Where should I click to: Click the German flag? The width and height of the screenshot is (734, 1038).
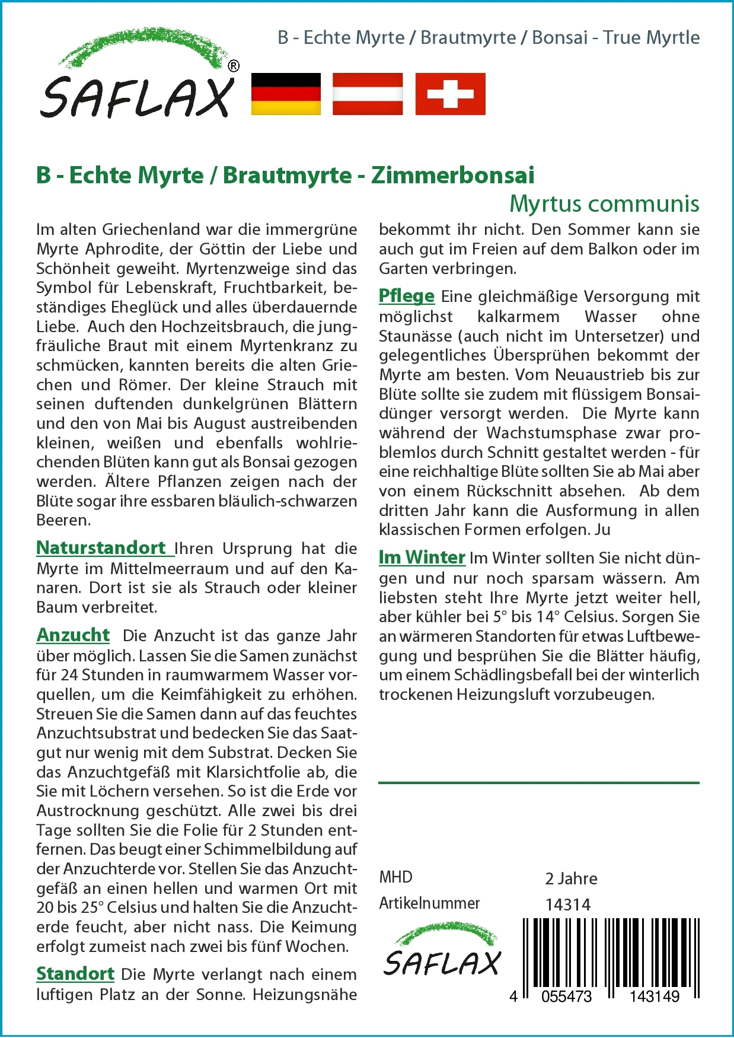[286, 94]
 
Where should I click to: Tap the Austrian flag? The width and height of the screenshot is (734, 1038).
[368, 94]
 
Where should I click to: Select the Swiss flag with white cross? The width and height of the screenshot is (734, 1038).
[450, 94]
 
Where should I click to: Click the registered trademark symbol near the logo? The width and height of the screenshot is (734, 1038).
[234, 66]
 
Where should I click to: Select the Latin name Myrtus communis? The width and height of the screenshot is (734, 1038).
[604, 203]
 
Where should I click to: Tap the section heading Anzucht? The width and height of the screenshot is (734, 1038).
[73, 635]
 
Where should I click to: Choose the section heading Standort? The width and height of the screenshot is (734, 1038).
[75, 973]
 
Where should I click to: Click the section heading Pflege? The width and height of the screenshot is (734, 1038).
[407, 295]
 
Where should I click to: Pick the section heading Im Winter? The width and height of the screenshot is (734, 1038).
[422, 557]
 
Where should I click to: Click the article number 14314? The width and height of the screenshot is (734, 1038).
[568, 905]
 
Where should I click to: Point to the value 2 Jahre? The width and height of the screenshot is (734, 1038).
[571, 878]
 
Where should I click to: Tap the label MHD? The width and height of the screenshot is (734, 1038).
[395, 877]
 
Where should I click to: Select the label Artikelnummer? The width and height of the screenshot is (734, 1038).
[429, 903]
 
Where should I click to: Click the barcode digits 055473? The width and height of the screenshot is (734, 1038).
[566, 996]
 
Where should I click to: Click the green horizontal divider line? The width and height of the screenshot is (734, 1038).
[538, 783]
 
